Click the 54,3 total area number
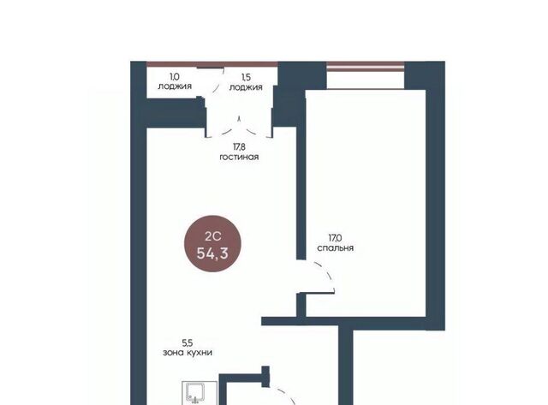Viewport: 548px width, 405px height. click(x=212, y=253)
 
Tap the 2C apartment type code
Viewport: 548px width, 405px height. click(x=213, y=236)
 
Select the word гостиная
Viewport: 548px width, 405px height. click(x=239, y=157)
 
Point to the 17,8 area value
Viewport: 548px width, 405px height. click(x=240, y=147)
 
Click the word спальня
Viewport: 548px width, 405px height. click(x=335, y=247)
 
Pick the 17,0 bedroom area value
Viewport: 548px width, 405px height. click(x=335, y=238)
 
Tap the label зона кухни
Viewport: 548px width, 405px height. click(x=188, y=353)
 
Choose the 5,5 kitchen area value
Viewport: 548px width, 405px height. click(x=188, y=342)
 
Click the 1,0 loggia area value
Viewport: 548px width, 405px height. click(x=175, y=76)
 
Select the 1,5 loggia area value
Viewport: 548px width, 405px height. click(x=246, y=77)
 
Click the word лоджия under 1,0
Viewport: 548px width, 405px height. click(x=175, y=86)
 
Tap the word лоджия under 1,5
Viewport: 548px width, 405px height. click(x=246, y=87)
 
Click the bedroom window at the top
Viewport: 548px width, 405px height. click(x=366, y=67)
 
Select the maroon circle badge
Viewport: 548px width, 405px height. click(x=212, y=243)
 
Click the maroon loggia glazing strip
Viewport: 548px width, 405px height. click(x=212, y=64)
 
